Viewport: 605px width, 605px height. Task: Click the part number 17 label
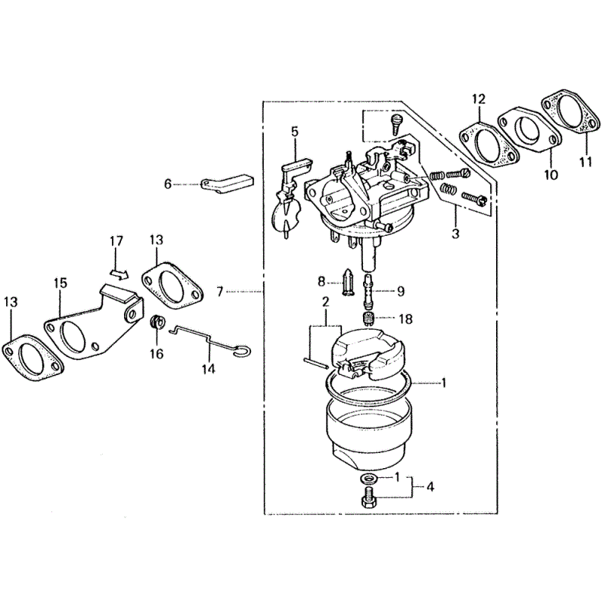point(116,240)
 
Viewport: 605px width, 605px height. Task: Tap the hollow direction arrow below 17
point(119,275)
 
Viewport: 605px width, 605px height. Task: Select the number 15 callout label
point(60,283)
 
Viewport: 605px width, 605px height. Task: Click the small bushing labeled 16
point(157,322)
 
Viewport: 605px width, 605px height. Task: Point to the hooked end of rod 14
point(243,350)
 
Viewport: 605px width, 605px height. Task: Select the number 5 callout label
point(294,132)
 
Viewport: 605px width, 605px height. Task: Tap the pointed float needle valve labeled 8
point(347,282)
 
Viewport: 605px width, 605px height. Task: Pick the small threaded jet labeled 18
point(370,319)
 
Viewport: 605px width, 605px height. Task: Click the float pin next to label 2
point(315,363)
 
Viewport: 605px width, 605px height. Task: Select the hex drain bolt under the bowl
point(369,498)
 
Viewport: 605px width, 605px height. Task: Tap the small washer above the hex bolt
point(368,479)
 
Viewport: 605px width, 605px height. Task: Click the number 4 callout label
point(430,487)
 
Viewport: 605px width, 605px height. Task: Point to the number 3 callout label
point(455,234)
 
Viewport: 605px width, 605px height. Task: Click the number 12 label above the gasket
point(479,99)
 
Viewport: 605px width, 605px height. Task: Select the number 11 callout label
point(585,161)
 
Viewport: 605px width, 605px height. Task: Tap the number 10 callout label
point(551,175)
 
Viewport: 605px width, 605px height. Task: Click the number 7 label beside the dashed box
point(220,292)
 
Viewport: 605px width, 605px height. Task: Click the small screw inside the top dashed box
point(396,123)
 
